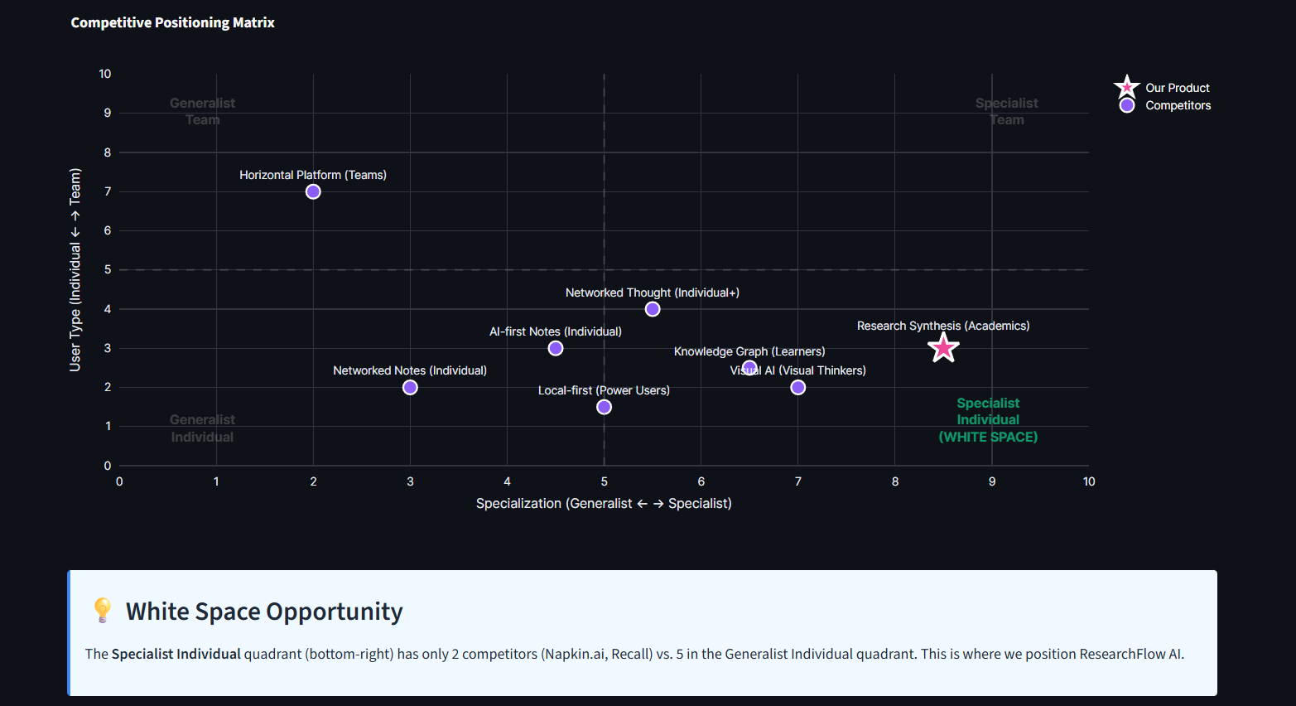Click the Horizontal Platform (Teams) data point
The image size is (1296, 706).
(313, 191)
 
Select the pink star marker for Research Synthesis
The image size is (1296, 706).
(943, 348)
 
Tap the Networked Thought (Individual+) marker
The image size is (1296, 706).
(653, 309)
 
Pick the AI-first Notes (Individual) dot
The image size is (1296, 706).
(556, 348)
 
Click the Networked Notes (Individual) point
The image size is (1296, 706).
(410, 387)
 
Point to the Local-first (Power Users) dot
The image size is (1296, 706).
(604, 407)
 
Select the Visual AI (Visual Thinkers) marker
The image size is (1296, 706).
(797, 387)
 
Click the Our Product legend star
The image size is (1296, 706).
(1126, 87)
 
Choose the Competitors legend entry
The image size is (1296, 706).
(1178, 105)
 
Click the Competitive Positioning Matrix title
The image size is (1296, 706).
(172, 22)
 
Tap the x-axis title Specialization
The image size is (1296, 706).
(604, 503)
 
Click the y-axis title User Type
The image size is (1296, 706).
(75, 269)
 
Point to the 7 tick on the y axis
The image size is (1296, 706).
(108, 191)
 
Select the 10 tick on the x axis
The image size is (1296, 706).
(1089, 481)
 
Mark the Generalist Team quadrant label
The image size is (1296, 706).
(202, 111)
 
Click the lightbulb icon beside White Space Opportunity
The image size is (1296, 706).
(102, 610)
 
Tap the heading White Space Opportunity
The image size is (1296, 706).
(264, 612)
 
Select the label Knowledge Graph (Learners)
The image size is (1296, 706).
(749, 351)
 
